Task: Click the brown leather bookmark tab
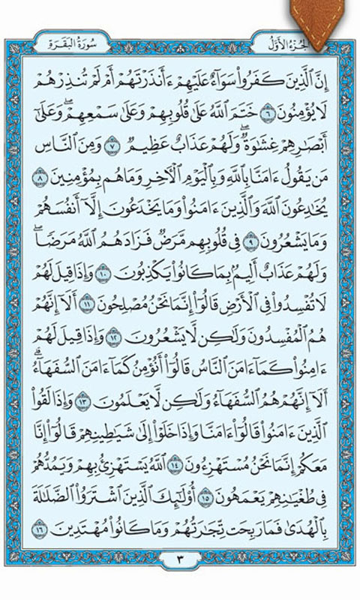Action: [x=324, y=16]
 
